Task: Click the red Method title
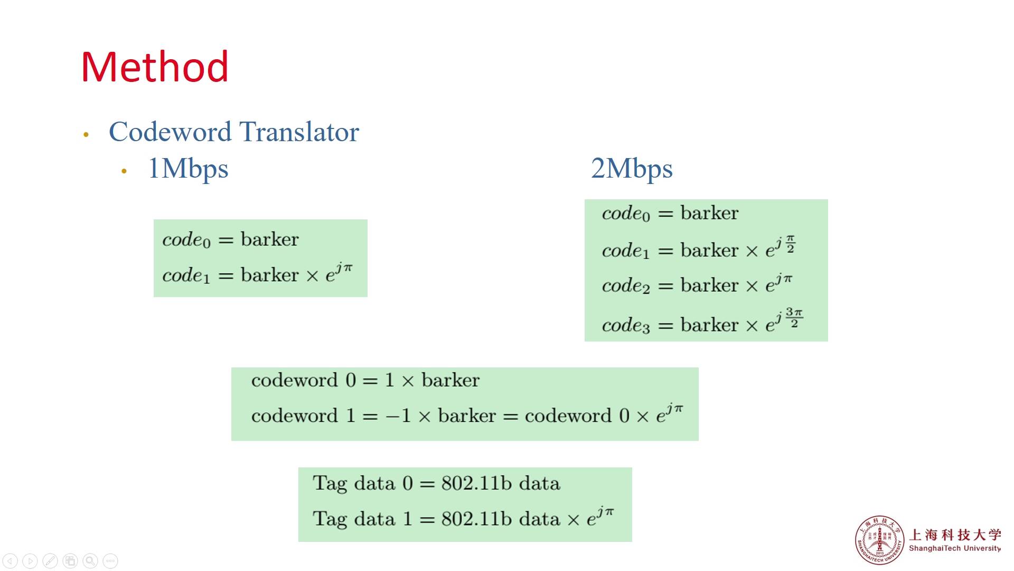[x=155, y=67]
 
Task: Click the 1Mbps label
[x=188, y=169]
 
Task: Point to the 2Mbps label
[x=632, y=169]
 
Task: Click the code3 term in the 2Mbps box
[x=626, y=325]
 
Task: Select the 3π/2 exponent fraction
[x=794, y=317]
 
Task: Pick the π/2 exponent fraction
[x=790, y=244]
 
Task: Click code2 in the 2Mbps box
[x=626, y=286]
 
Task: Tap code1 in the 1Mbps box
[x=186, y=275]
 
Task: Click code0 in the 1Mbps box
[x=186, y=240]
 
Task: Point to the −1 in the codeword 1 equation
[x=398, y=416]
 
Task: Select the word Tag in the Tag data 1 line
[x=330, y=519]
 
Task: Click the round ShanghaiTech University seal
[x=879, y=540]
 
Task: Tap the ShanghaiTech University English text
[x=954, y=548]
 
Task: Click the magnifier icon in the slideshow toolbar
[x=90, y=560]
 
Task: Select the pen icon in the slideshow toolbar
[x=50, y=560]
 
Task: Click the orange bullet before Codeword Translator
[x=86, y=135]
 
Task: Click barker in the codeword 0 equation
[x=450, y=380]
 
